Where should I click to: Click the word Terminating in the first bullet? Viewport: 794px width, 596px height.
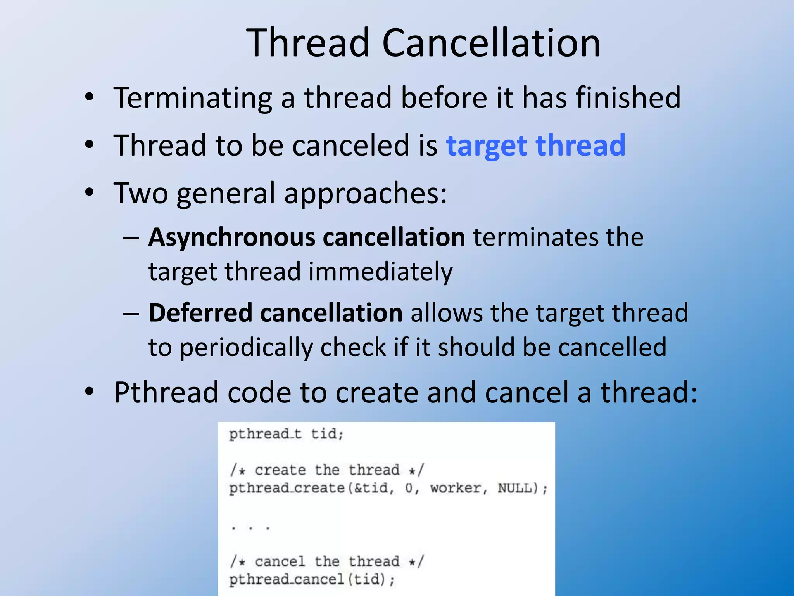tap(193, 98)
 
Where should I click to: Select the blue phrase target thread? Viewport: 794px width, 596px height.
tap(535, 146)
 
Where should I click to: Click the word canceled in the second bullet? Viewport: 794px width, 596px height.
tap(350, 146)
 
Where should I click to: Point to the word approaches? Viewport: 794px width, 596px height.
tap(365, 193)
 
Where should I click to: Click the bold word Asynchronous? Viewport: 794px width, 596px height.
tap(231, 237)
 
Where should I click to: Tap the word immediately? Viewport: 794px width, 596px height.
tap(380, 271)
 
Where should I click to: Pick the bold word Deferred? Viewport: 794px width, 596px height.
tap(200, 313)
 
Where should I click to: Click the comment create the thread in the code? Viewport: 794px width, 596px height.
tap(327, 470)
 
